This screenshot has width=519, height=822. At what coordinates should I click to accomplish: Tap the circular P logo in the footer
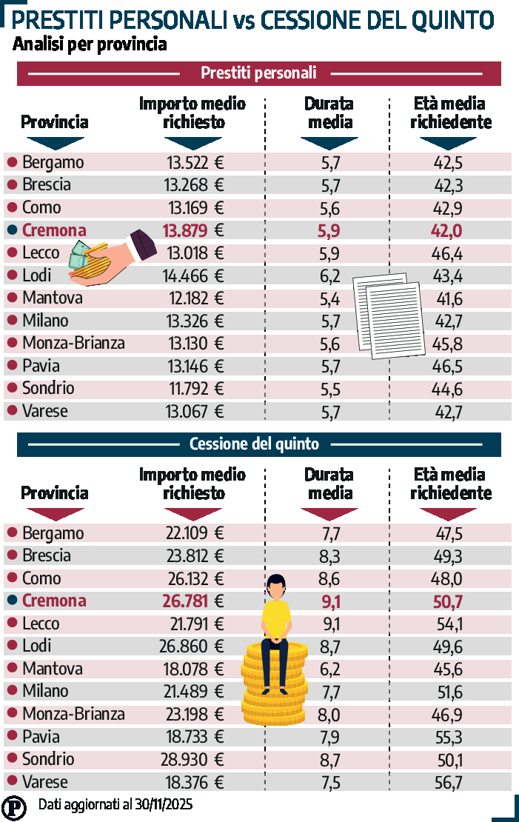point(13,806)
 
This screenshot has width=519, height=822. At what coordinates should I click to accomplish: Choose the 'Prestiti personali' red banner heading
point(258,73)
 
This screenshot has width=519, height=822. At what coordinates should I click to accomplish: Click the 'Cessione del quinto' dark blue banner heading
point(254,444)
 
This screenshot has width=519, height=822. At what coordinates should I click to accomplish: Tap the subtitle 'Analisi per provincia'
point(89,44)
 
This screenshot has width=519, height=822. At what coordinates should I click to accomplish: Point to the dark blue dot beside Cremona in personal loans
point(12,230)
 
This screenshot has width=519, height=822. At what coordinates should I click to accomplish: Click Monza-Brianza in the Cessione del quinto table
point(73,715)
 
